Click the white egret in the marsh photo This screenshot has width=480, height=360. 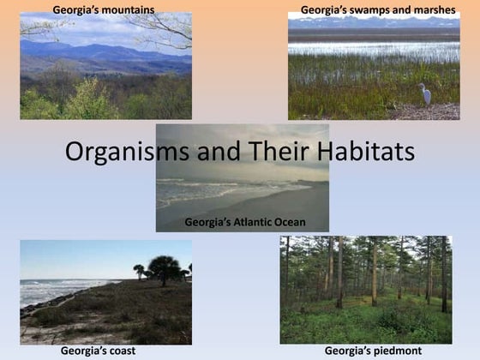tap(424, 93)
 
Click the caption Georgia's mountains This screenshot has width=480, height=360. tap(104, 10)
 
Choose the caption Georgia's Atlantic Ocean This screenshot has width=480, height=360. tap(245, 223)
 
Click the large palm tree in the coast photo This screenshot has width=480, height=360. tap(163, 267)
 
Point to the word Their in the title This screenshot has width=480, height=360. tap(267, 153)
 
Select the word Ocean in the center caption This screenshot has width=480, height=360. tap(287, 223)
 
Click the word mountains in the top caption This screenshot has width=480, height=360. tap(125, 10)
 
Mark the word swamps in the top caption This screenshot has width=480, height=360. tap(363, 10)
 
